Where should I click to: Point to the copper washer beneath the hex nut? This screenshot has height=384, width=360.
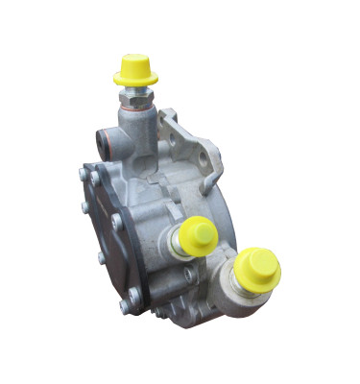[x=135, y=105]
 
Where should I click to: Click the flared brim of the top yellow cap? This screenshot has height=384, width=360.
[x=133, y=80]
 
